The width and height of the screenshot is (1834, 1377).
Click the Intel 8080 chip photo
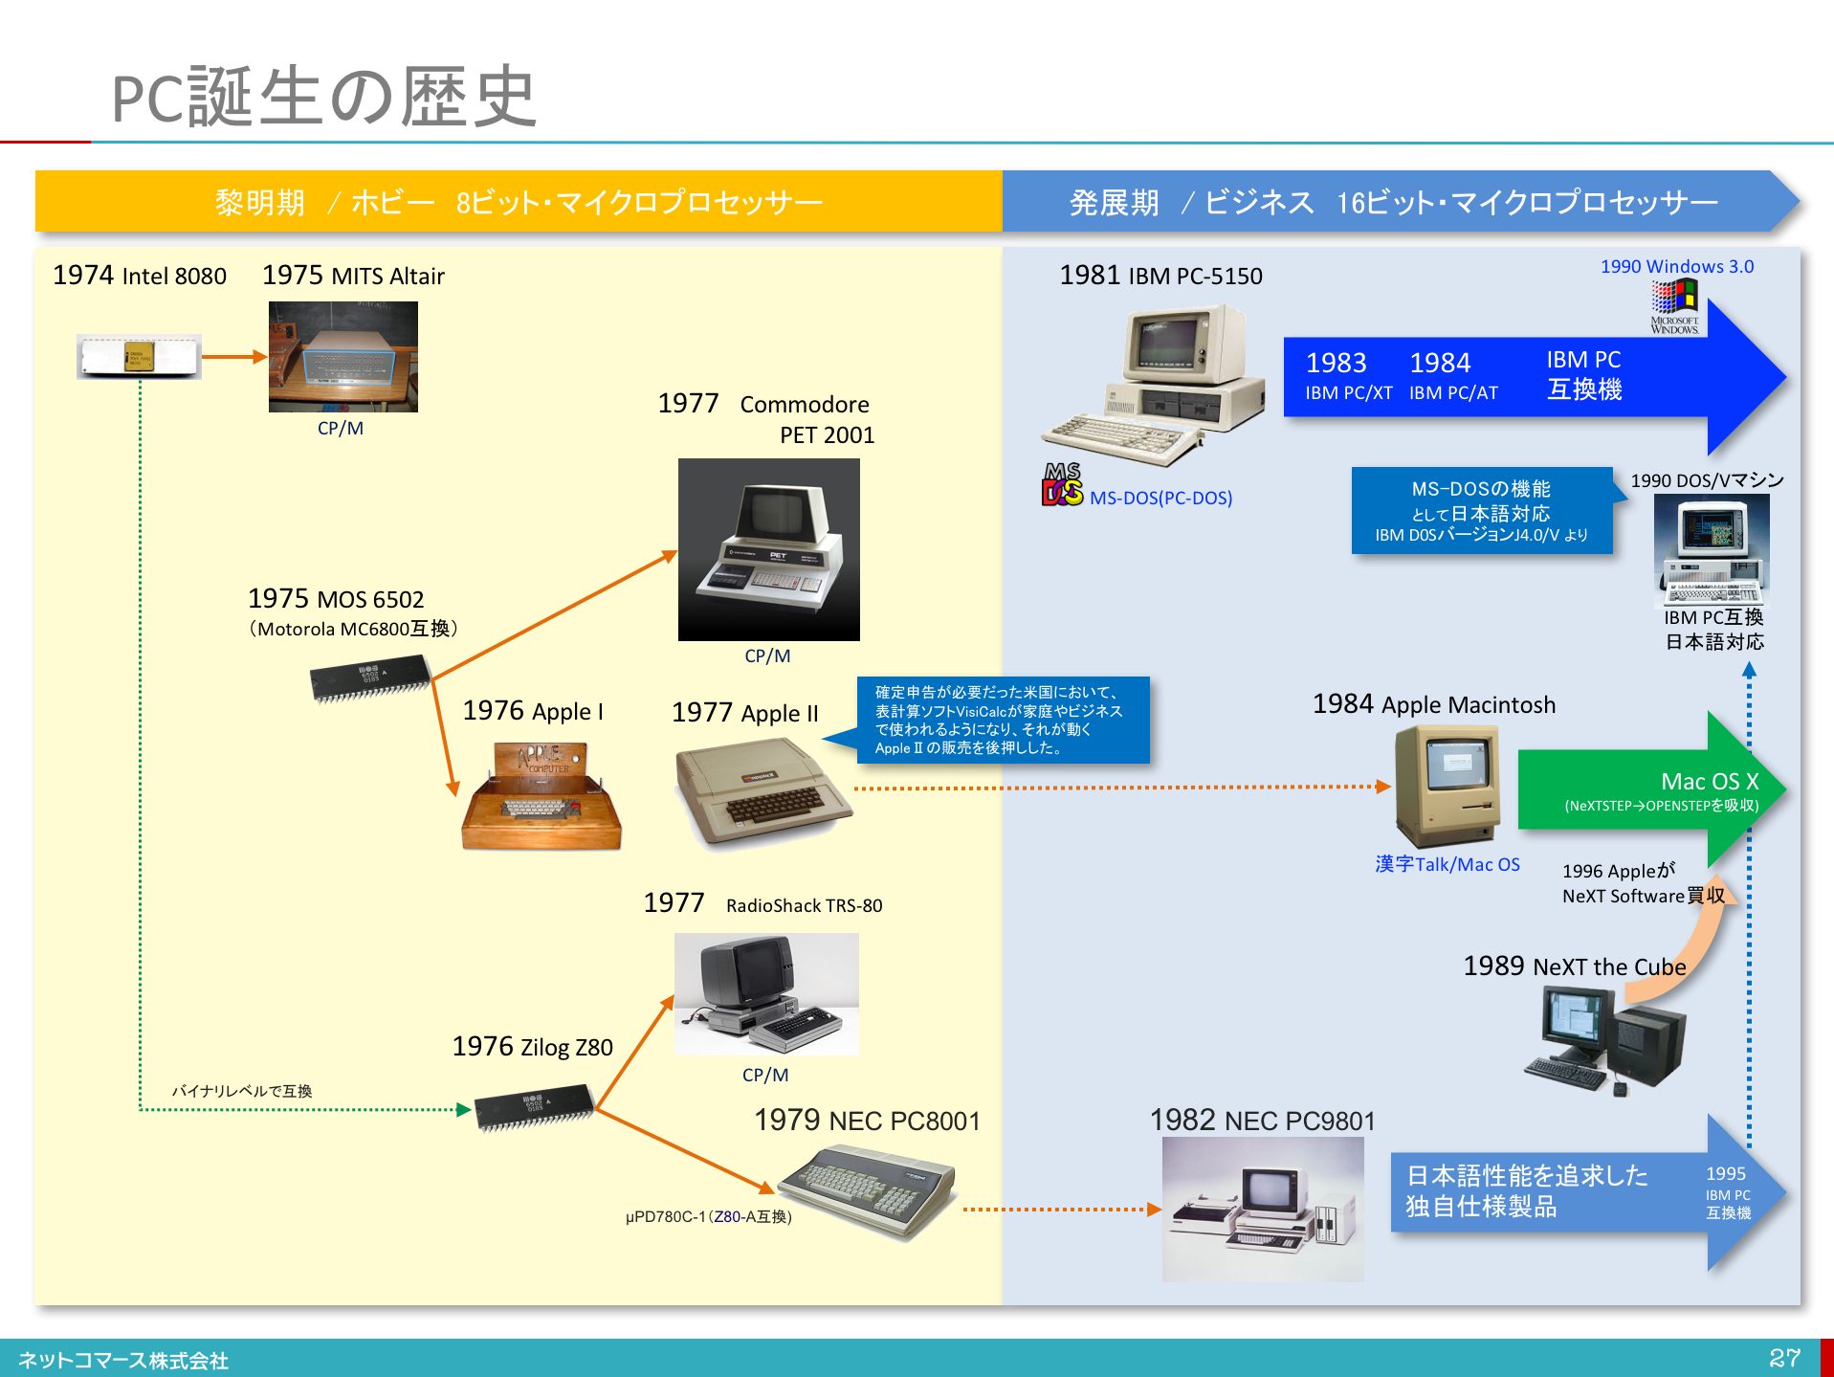coord(139,357)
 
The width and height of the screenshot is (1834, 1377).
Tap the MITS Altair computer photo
coord(342,357)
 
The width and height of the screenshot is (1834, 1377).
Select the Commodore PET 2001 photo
coord(768,549)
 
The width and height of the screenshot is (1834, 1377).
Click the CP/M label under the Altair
coord(341,429)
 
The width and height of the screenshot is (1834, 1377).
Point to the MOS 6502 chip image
coord(369,677)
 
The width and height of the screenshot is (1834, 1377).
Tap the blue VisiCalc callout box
coord(1002,720)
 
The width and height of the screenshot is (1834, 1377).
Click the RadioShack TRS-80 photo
coord(765,993)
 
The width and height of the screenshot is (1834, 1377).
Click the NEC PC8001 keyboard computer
coord(867,1190)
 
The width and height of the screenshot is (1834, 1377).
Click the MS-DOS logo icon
coord(1062,485)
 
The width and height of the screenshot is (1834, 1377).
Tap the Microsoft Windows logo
coord(1674,304)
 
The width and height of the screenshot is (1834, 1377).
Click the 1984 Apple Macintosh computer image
coord(1446,785)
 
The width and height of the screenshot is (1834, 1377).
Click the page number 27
coord(1784,1357)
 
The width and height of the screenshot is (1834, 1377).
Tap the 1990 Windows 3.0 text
coord(1676,267)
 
